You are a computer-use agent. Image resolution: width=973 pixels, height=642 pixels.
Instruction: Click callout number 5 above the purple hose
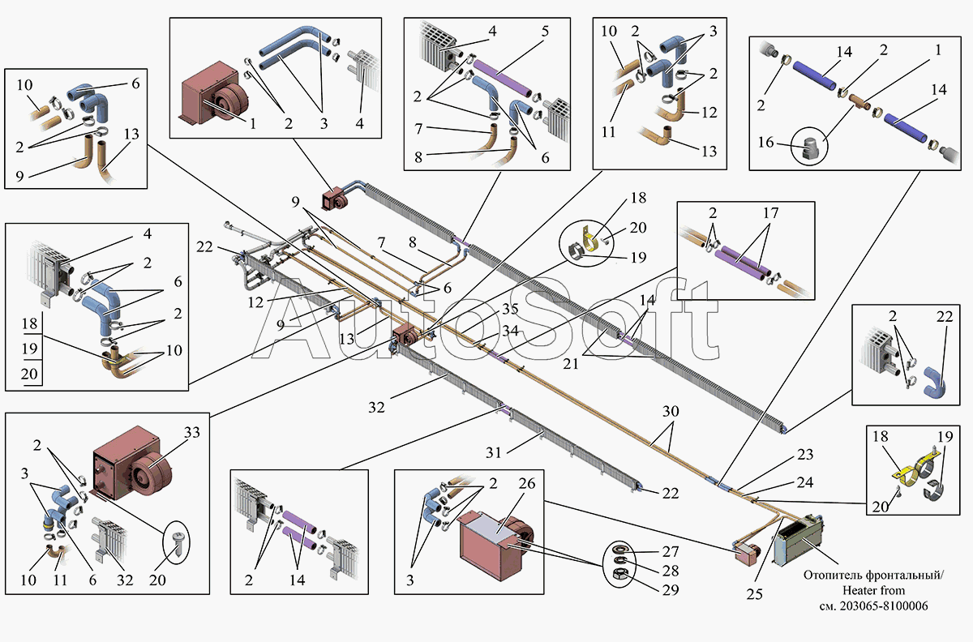[545, 32]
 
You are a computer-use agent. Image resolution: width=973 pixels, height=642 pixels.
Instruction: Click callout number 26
[527, 484]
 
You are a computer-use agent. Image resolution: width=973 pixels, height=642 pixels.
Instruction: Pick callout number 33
[192, 433]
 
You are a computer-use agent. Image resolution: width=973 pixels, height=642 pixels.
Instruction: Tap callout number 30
[670, 411]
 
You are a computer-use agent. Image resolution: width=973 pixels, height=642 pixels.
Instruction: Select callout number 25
[754, 594]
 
